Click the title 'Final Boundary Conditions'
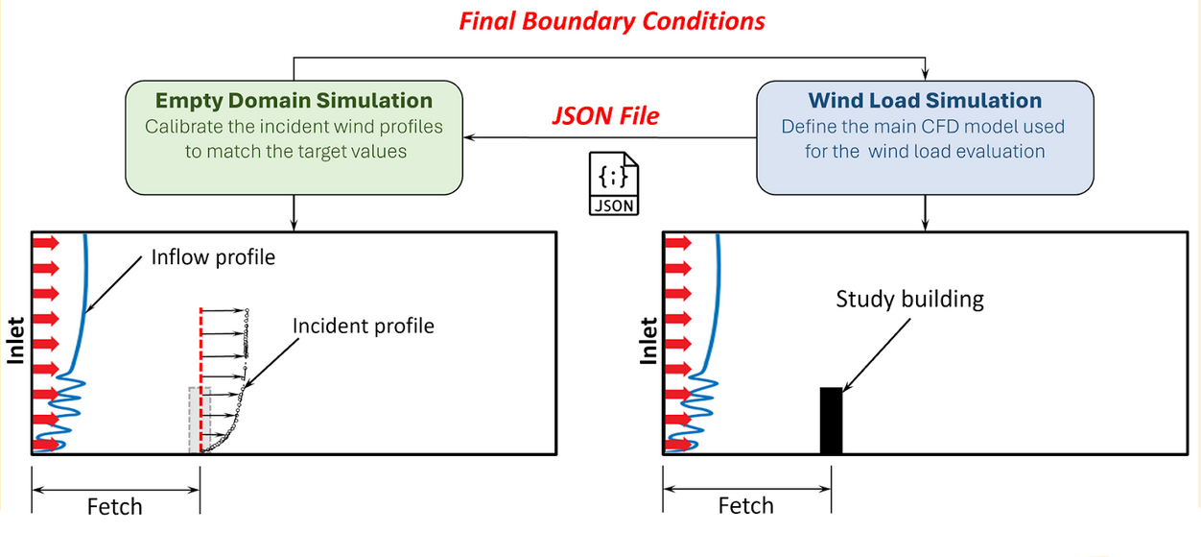(x=612, y=22)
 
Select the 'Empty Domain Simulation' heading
(x=294, y=100)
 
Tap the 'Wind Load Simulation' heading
(x=925, y=100)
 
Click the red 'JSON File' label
(x=605, y=116)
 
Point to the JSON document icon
(x=614, y=183)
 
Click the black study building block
(x=831, y=421)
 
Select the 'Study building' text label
(x=910, y=299)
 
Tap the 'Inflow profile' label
(x=213, y=257)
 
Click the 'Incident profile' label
(x=363, y=327)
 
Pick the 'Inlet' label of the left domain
(x=16, y=341)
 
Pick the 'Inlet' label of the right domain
(x=648, y=341)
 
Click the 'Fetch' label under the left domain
(x=115, y=507)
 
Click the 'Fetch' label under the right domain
(x=745, y=506)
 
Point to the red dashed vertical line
(x=201, y=380)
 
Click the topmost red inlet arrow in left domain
(x=46, y=243)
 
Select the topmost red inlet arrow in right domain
(x=678, y=243)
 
